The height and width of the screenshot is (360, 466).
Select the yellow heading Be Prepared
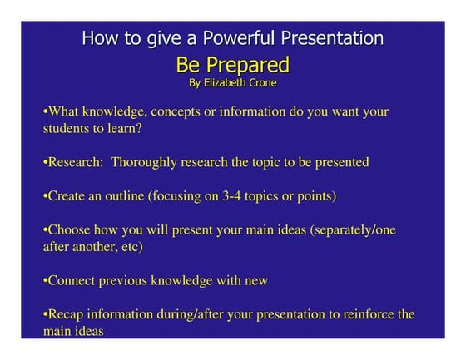point(232,64)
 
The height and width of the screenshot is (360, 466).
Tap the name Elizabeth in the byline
point(231,83)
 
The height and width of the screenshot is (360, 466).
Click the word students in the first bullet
point(69,129)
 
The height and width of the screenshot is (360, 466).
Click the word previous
point(125,281)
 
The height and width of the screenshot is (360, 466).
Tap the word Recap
point(67,315)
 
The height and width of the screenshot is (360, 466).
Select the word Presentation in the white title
point(333,39)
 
